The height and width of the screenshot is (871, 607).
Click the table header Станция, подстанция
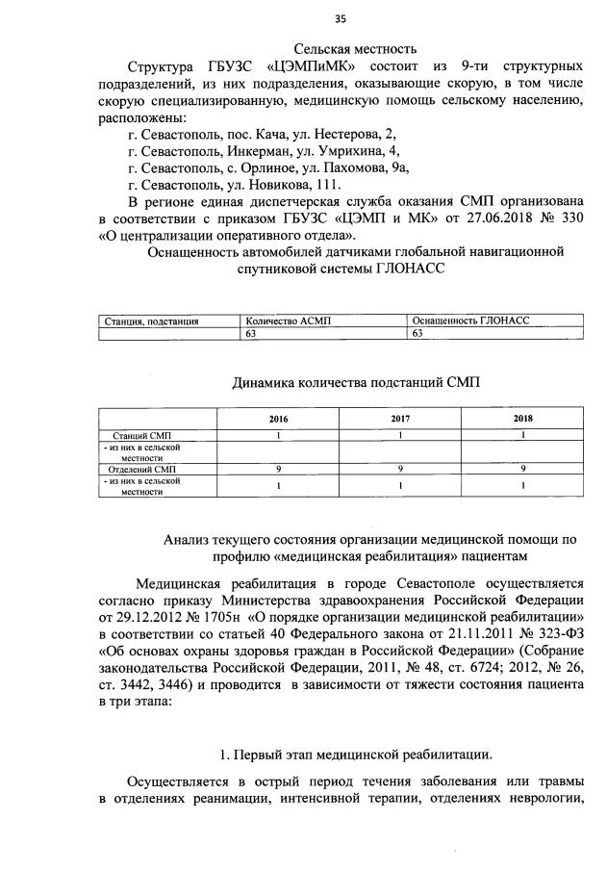(x=151, y=320)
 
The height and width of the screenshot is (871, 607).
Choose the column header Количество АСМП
(x=288, y=320)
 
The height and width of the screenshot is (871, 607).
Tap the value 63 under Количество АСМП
(x=252, y=333)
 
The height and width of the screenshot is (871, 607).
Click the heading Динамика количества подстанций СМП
(x=356, y=382)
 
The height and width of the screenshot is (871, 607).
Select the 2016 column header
(x=278, y=419)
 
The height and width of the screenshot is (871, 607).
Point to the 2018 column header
(x=523, y=419)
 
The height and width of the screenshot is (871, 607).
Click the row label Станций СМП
(x=144, y=436)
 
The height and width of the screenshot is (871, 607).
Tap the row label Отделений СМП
(x=143, y=468)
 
